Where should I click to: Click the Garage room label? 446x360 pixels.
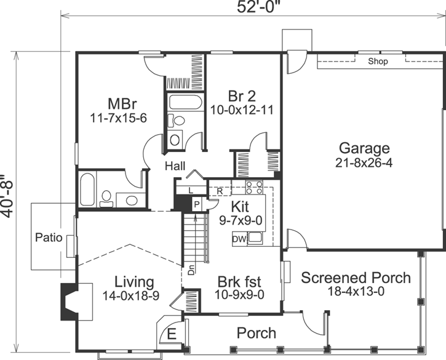pyautogui.click(x=364, y=148)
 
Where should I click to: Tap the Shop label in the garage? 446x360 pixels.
pyautogui.click(x=378, y=62)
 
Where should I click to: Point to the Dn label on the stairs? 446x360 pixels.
pyautogui.click(x=191, y=269)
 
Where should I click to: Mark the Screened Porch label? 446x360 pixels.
pyautogui.click(x=356, y=278)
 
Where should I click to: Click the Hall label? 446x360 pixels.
pyautogui.click(x=175, y=166)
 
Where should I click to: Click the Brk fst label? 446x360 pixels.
pyautogui.click(x=239, y=282)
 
